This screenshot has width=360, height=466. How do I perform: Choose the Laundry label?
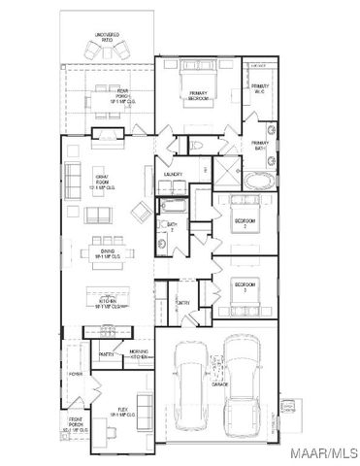coord(175,174)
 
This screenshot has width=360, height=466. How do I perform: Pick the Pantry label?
coord(107,354)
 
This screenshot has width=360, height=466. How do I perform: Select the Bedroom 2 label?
coord(245,221)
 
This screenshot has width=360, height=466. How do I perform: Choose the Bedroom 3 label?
coord(245,288)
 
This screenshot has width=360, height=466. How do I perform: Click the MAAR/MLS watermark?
coord(326,453)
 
